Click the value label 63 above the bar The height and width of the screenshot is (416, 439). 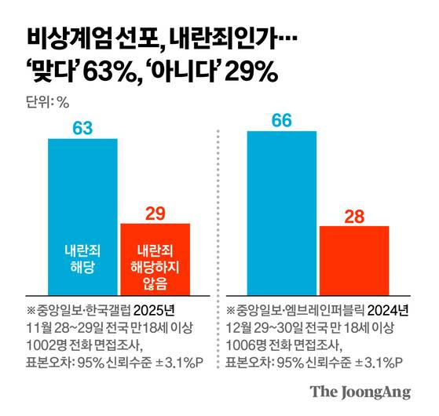[82, 126]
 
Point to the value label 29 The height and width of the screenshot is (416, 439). [155, 212]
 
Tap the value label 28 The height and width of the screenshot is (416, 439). [354, 214]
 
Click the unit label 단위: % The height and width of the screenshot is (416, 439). [48, 102]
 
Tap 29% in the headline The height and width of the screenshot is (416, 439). [251, 72]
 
